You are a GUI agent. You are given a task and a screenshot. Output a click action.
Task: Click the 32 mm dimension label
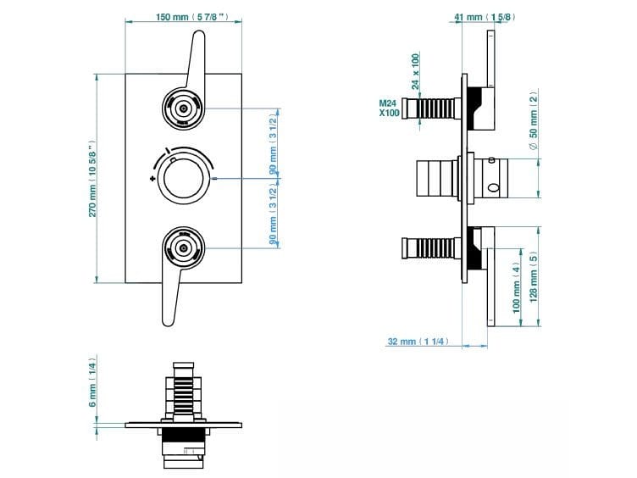point(416,342)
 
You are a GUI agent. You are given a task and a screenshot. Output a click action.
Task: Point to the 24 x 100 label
point(415,71)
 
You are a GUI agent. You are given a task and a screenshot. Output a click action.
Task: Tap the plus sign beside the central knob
point(152,180)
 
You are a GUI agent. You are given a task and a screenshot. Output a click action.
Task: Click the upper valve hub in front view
point(183,108)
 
